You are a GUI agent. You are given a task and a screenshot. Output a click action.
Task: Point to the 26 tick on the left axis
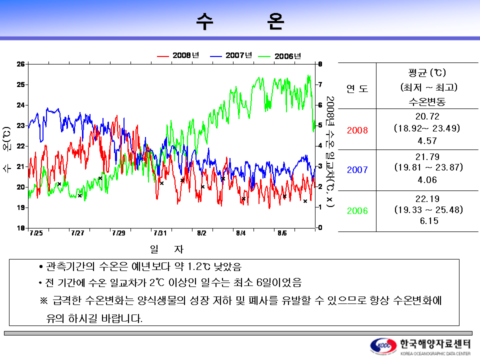(x=21, y=64)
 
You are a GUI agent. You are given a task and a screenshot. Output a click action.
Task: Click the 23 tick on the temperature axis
(x=21, y=125)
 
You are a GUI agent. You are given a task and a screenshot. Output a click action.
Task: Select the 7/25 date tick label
(x=36, y=233)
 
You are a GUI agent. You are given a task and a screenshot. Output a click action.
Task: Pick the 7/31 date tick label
(x=159, y=233)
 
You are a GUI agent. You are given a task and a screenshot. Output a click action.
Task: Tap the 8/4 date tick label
(x=241, y=233)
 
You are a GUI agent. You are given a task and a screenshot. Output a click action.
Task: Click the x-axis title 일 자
(x=167, y=248)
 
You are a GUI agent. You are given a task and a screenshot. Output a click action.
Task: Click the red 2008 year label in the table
(x=357, y=130)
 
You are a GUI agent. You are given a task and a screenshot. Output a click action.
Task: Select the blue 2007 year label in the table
(x=357, y=170)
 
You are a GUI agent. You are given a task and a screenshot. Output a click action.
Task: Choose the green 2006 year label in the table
(x=357, y=211)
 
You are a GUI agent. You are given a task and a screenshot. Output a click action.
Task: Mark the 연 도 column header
(x=357, y=89)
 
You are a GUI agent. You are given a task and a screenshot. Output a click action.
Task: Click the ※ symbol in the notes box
(x=43, y=301)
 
